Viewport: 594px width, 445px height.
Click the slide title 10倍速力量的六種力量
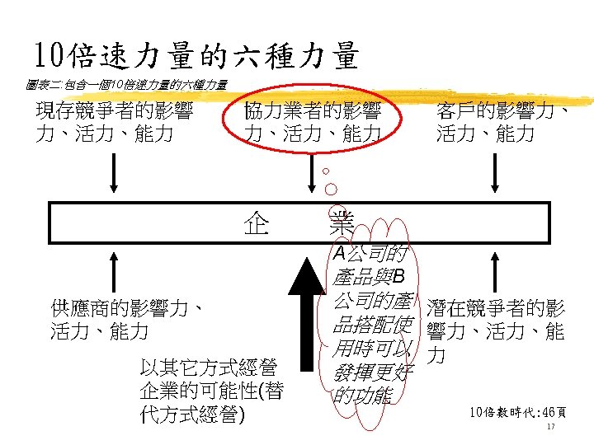pyautogui.click(x=196, y=56)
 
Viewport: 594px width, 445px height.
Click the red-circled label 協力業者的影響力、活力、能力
pyautogui.click(x=313, y=121)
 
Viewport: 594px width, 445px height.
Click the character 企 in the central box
pyautogui.click(x=256, y=222)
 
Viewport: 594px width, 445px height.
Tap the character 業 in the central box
pyautogui.click(x=341, y=222)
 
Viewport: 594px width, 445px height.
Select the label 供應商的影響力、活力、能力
pyautogui.click(x=126, y=321)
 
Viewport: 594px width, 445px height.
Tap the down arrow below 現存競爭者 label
pyautogui.click(x=113, y=171)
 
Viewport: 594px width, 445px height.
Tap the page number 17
pyautogui.click(x=550, y=429)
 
